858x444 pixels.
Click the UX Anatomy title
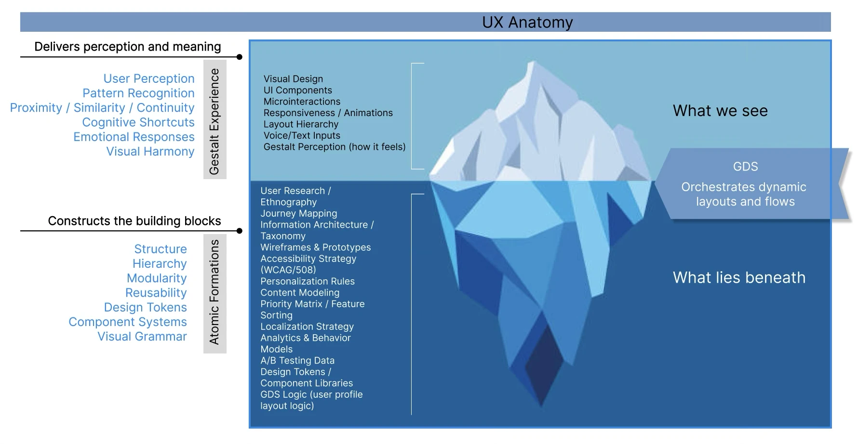point(527,22)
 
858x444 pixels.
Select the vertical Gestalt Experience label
point(214,120)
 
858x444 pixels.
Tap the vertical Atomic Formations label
point(214,293)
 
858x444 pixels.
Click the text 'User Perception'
point(149,78)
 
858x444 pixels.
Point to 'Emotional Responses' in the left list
point(134,137)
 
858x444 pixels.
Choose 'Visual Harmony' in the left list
point(150,151)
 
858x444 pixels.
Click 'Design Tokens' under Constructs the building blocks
point(145,307)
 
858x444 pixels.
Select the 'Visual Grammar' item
point(142,336)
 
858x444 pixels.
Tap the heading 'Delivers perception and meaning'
point(128,47)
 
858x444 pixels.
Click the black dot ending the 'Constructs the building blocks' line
point(240,231)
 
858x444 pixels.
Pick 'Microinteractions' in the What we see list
point(302,102)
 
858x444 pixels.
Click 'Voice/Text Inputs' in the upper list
point(302,135)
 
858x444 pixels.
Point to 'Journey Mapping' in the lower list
point(299,213)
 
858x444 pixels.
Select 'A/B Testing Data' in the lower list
point(297,360)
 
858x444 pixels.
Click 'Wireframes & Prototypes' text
point(316,247)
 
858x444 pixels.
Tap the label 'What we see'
point(720,111)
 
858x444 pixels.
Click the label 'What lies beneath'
point(739,277)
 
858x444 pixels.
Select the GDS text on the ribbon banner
point(745,167)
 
